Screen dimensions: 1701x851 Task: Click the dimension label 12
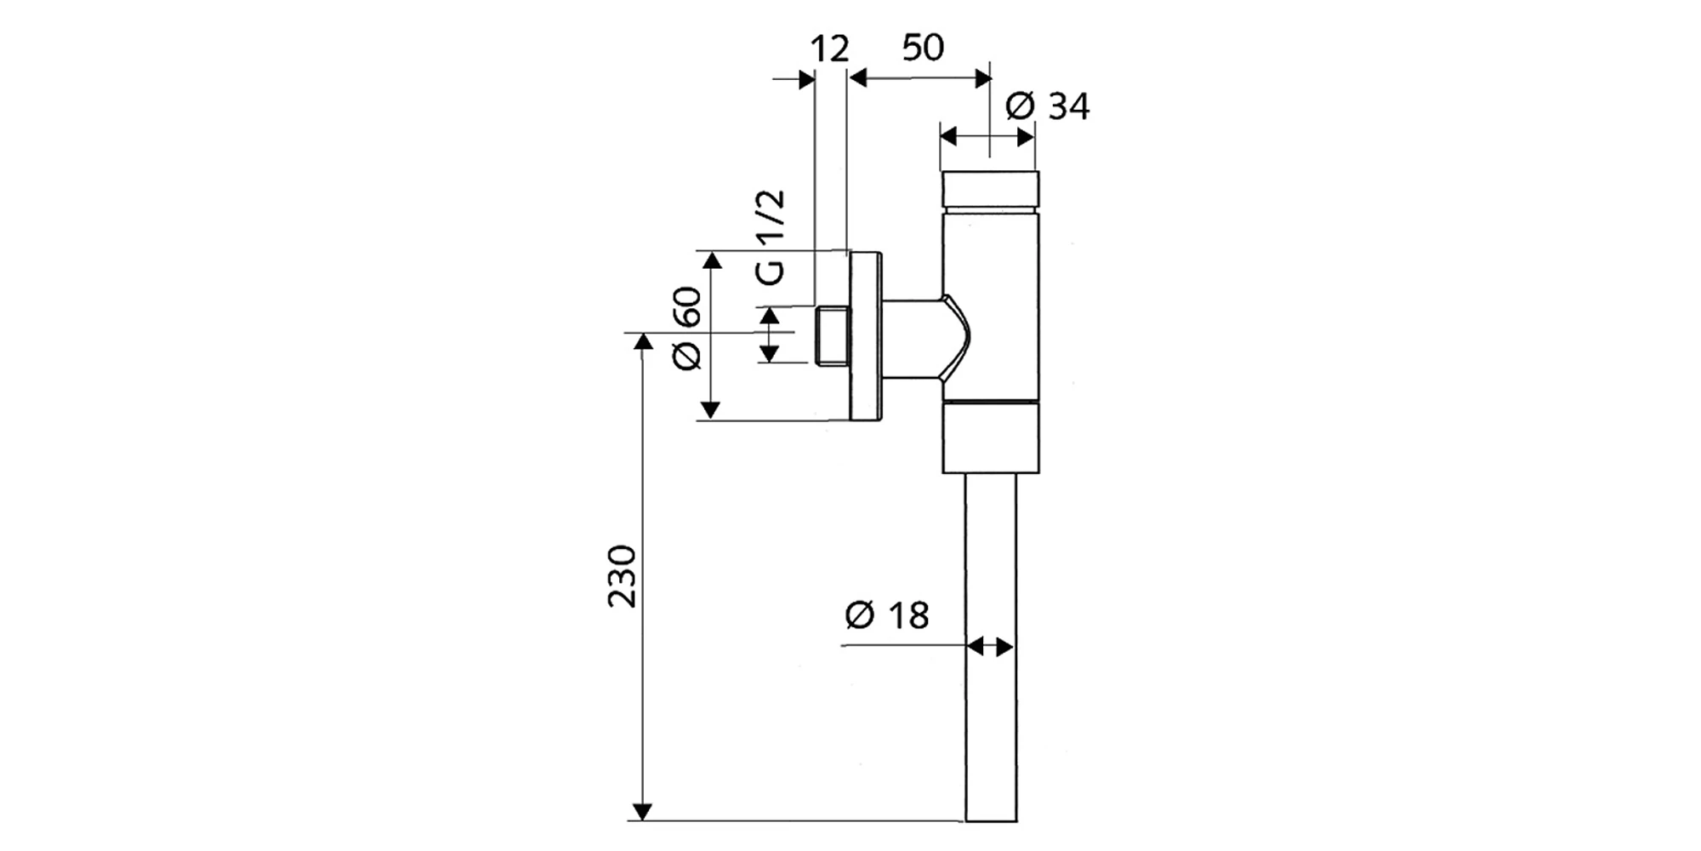[829, 49]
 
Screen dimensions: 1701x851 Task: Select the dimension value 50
[923, 48]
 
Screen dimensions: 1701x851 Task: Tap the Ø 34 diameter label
[1047, 107]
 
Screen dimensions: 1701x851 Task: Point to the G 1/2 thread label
[771, 237]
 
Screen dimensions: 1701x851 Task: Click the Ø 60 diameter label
[686, 328]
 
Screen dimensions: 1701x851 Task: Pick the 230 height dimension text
[622, 576]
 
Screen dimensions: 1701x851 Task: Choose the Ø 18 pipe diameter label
[887, 615]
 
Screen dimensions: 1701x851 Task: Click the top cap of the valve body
[990, 190]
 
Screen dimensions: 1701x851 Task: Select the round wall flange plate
[866, 335]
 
